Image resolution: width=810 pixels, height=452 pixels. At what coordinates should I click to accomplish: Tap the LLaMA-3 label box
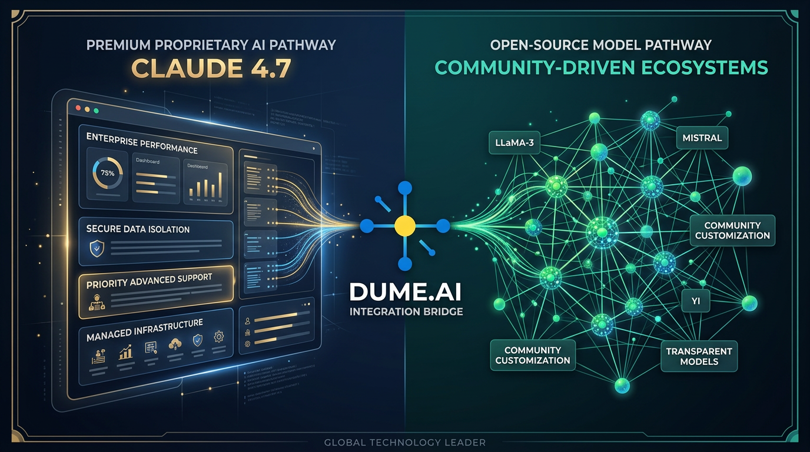(x=514, y=142)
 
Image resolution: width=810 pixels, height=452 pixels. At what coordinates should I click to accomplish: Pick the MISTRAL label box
(x=702, y=138)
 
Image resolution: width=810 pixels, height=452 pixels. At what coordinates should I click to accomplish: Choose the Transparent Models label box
(x=699, y=356)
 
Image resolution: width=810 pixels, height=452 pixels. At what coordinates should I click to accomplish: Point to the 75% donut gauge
(x=108, y=174)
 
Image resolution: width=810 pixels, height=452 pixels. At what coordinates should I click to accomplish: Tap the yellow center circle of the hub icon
(x=404, y=225)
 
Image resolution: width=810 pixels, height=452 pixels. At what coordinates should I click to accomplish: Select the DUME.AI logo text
(x=406, y=291)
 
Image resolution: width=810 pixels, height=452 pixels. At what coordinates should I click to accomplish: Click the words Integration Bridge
(x=406, y=311)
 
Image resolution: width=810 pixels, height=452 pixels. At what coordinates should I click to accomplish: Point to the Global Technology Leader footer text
(x=405, y=442)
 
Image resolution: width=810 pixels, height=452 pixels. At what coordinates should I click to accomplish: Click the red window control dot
(x=77, y=109)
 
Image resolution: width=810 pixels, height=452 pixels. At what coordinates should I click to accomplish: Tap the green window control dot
(x=96, y=110)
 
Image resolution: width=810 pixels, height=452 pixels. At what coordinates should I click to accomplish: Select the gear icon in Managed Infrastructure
(x=219, y=337)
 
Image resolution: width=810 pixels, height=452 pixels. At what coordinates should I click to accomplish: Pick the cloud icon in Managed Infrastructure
(x=175, y=344)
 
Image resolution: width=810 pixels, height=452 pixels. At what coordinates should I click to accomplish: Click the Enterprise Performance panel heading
(x=142, y=143)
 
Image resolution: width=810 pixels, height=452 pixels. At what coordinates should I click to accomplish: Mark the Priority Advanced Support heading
(x=149, y=281)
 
